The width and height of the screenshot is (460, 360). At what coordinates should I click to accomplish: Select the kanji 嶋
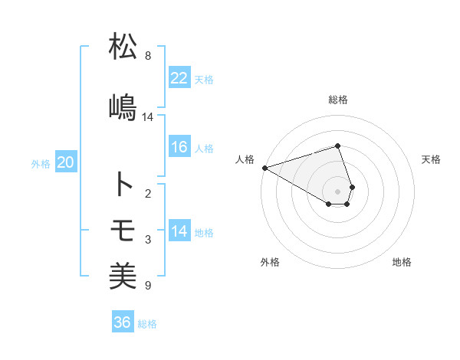pos(123,106)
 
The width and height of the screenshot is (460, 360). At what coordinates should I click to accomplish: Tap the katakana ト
pos(123,185)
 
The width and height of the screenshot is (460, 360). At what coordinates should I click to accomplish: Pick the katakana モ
pos(123,230)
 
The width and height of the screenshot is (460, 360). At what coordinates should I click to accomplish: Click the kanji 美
pos(123,276)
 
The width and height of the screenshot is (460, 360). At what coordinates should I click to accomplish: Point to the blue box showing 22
pos(179,77)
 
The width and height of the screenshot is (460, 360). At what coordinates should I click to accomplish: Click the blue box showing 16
pos(179,147)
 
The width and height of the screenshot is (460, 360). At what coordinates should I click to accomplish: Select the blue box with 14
pos(179,231)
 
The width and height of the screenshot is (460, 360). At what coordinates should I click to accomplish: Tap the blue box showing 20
pos(66,162)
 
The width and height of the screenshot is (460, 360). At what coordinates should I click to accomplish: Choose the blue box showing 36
pos(122,322)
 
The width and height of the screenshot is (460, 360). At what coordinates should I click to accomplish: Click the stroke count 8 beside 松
pos(148,56)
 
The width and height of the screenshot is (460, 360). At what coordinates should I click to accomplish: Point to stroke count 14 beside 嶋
pos(148,117)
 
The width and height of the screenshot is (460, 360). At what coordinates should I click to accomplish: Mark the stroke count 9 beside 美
pos(148,286)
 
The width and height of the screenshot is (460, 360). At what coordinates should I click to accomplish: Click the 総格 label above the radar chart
pos(338,100)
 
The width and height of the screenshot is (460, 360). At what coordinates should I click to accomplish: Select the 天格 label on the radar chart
pos(432,159)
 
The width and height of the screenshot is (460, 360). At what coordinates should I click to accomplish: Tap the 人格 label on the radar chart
pos(245,159)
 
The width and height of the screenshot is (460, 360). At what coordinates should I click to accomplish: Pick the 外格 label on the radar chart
pos(270,262)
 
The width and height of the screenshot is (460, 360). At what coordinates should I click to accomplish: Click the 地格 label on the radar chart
pos(402,262)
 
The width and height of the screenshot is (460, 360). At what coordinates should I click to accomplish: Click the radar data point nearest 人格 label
pos(264,168)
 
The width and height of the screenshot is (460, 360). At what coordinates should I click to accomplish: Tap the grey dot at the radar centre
pos(338,191)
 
